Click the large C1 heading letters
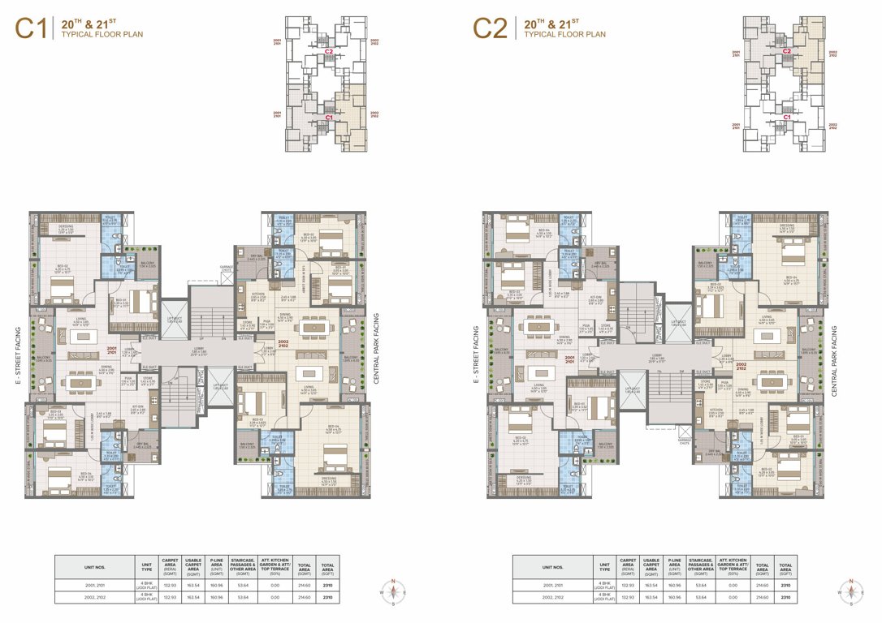tap(30, 28)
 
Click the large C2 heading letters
tap(490, 28)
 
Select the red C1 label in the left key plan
tap(329, 118)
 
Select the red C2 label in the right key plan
tap(786, 51)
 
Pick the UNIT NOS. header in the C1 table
tap(96, 566)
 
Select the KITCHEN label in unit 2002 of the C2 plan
tap(716, 410)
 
